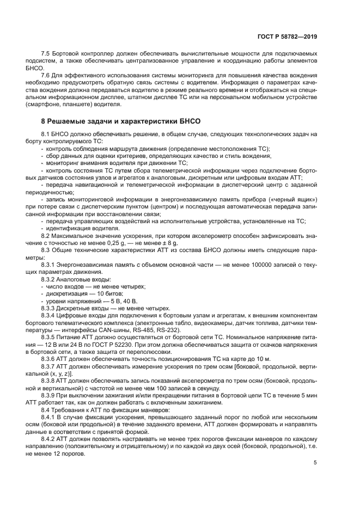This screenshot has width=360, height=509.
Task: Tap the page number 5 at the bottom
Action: [315, 463]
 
